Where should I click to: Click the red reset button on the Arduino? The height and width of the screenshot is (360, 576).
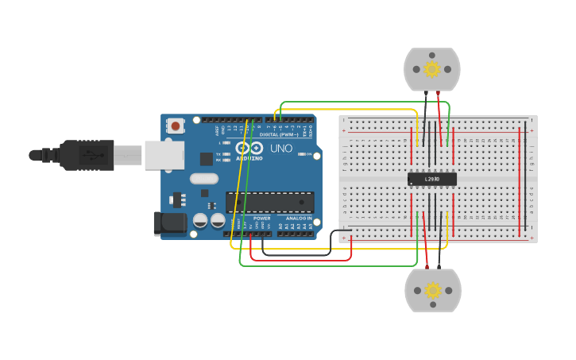(x=175, y=126)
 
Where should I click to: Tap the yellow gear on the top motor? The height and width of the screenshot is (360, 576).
(x=431, y=69)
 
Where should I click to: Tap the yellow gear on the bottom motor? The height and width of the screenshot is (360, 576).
(x=432, y=290)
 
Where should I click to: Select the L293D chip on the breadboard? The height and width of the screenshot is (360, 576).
(x=431, y=179)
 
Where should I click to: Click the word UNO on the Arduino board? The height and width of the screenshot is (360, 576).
(x=281, y=149)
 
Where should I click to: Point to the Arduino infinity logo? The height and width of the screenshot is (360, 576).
(x=249, y=148)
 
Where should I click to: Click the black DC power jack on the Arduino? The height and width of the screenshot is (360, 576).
(x=169, y=223)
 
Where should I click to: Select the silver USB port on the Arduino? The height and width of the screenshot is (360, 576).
(x=164, y=155)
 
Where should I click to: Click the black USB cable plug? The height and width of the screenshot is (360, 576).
(x=87, y=155)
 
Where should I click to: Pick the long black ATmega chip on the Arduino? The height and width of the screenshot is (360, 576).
(x=269, y=202)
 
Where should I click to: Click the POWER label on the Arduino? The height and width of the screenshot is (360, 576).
(x=261, y=218)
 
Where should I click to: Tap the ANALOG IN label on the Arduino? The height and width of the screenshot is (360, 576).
(x=299, y=218)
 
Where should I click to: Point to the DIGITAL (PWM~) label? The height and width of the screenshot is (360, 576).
(x=279, y=134)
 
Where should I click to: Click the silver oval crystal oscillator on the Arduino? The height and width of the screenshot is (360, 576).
(x=203, y=179)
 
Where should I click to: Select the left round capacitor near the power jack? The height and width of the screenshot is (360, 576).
(x=200, y=220)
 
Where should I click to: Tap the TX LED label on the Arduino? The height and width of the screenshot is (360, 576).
(x=218, y=154)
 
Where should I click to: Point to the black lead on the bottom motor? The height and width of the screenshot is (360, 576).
(x=439, y=261)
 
